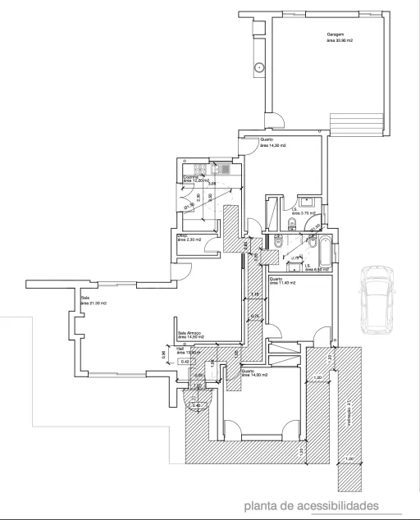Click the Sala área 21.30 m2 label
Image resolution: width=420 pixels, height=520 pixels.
(x=93, y=300)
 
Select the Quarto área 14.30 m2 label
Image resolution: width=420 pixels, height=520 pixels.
(x=272, y=142)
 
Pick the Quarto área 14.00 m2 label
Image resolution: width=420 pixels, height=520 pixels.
(x=254, y=373)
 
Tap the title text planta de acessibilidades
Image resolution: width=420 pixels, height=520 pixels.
(x=310, y=505)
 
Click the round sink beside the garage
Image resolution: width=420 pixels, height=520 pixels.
(x=258, y=67)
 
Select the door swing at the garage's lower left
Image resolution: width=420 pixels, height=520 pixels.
(x=275, y=122)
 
